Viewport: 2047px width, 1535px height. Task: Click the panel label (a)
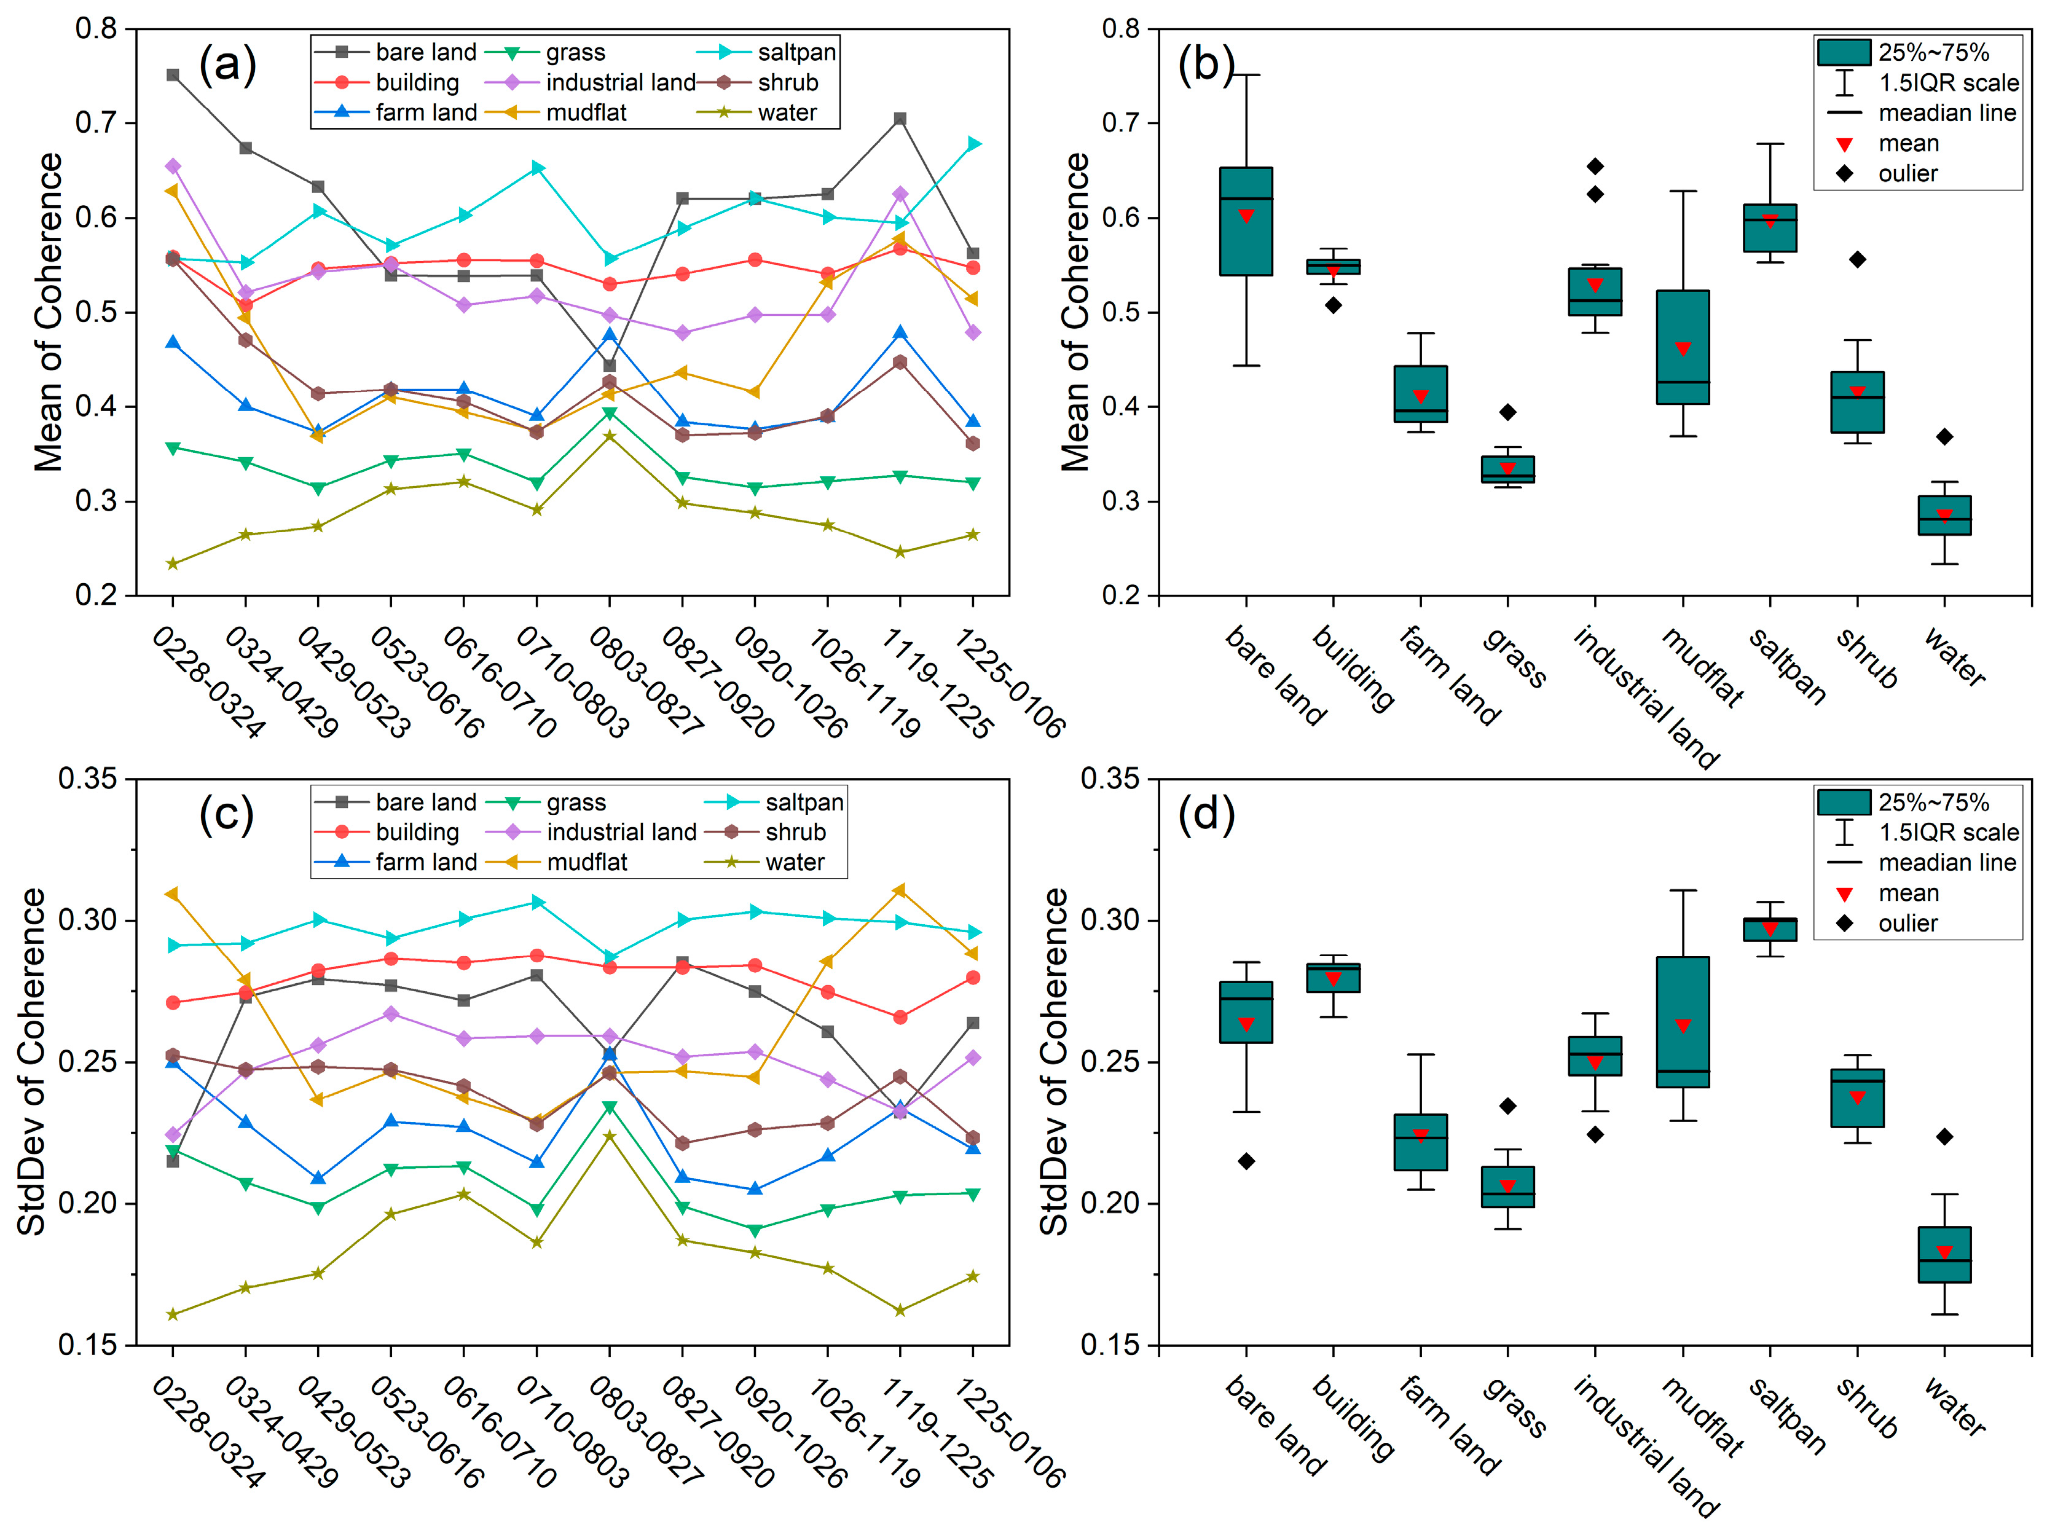click(227, 65)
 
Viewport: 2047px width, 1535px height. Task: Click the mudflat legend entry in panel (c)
click(556, 862)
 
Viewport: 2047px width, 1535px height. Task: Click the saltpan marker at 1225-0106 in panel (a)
click(973, 143)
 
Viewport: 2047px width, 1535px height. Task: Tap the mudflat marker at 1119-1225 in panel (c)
click(900, 890)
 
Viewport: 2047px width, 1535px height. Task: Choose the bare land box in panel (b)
click(1246, 221)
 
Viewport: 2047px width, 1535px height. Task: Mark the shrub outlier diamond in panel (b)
click(1857, 260)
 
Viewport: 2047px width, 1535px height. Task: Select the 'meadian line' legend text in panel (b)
click(1947, 113)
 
